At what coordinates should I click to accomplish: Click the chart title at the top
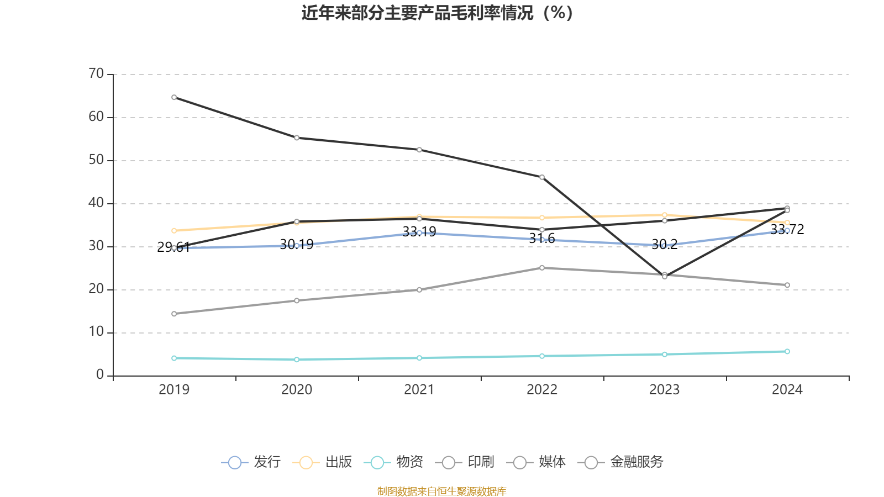pos(437,13)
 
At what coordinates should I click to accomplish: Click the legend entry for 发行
pos(251,462)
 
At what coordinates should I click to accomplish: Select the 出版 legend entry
pos(323,462)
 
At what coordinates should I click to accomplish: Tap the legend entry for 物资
pos(394,462)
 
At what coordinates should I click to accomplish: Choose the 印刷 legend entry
pos(465,462)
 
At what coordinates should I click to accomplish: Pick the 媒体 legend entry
pos(536,462)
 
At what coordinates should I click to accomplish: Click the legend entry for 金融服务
pos(620,462)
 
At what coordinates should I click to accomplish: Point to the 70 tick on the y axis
pos(96,74)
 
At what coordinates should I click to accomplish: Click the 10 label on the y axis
pos(96,332)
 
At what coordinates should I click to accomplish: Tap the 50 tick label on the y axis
pos(96,160)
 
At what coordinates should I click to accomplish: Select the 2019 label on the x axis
pos(174,390)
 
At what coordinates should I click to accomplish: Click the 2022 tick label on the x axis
pos(542,390)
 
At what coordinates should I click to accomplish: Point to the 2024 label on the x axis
pos(787,390)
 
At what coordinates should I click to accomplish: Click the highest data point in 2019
pos(174,97)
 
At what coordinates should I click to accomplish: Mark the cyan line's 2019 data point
pos(174,358)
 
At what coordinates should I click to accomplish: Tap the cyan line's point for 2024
pos(787,351)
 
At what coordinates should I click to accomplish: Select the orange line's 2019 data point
pos(174,231)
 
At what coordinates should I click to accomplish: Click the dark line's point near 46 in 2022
pos(542,177)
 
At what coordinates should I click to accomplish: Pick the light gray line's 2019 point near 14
pos(174,314)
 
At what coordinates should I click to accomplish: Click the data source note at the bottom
pos(441,491)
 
